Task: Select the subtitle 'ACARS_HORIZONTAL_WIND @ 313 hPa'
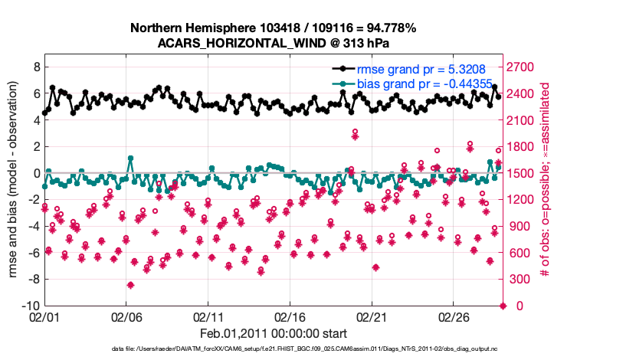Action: pyautogui.click(x=273, y=42)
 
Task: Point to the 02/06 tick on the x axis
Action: pyautogui.click(x=126, y=316)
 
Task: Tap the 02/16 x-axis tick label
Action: pyautogui.click(x=290, y=316)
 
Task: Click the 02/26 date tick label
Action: pyautogui.click(x=453, y=316)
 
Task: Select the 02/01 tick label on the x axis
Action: pyautogui.click(x=44, y=316)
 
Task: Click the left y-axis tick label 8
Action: pyautogui.click(x=35, y=67)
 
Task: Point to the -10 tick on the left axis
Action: pyautogui.click(x=30, y=306)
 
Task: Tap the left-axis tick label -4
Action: pyautogui.click(x=32, y=226)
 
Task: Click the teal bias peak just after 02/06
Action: pyautogui.click(x=131, y=159)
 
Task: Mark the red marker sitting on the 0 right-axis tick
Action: pyautogui.click(x=503, y=306)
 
